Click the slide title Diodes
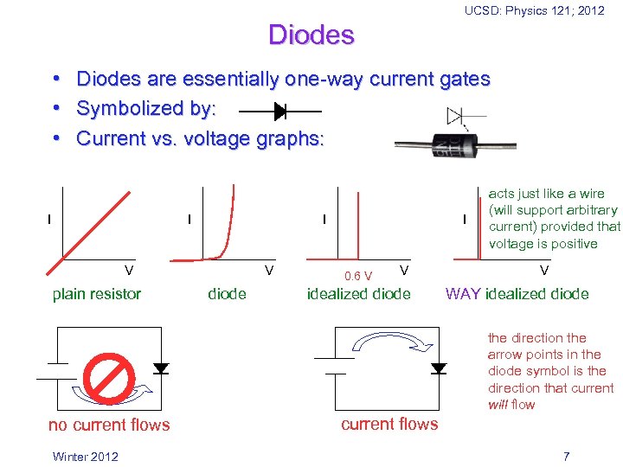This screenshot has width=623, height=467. (x=311, y=35)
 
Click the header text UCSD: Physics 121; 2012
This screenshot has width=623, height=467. (x=534, y=10)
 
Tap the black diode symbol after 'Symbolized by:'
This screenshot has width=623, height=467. (x=279, y=112)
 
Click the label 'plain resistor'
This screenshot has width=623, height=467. (x=97, y=294)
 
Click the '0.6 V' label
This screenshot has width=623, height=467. (x=358, y=277)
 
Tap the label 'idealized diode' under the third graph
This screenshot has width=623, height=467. (x=359, y=294)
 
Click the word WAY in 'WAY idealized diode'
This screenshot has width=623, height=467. (x=463, y=294)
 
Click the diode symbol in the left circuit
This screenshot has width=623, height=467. (x=161, y=368)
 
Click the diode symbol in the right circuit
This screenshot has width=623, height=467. (x=439, y=368)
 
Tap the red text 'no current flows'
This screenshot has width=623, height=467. (x=109, y=425)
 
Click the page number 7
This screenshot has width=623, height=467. (x=566, y=457)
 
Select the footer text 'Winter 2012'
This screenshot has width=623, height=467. (x=85, y=457)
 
